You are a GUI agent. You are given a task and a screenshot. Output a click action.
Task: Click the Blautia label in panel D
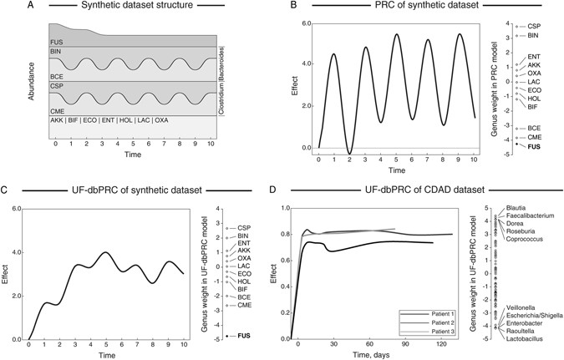click(517, 207)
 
